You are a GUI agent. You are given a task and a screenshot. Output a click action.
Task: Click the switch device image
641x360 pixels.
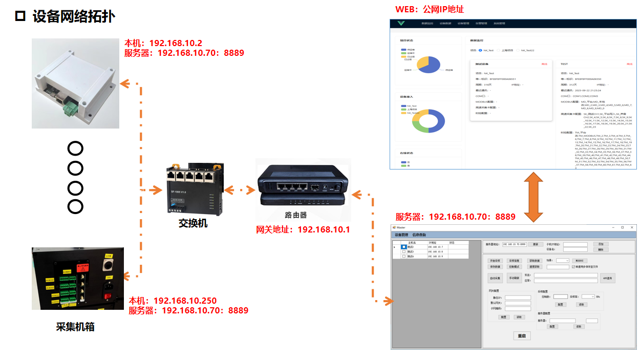193,190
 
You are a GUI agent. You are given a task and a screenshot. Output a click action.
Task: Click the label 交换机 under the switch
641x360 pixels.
193,223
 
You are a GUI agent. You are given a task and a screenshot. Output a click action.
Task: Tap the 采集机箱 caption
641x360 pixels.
75,327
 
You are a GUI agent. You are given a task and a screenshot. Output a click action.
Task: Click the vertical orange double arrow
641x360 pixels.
532,197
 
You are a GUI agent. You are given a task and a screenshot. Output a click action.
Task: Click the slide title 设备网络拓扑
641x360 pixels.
73,16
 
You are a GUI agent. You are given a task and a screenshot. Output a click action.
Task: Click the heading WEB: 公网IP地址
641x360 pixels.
430,9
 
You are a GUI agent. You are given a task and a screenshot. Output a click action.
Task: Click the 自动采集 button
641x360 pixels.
495,278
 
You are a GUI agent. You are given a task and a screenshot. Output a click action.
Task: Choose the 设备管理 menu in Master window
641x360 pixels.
401,235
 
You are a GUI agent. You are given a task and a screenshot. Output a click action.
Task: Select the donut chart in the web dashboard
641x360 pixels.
429,121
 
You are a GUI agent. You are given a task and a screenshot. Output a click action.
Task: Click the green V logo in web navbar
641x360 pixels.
401,24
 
